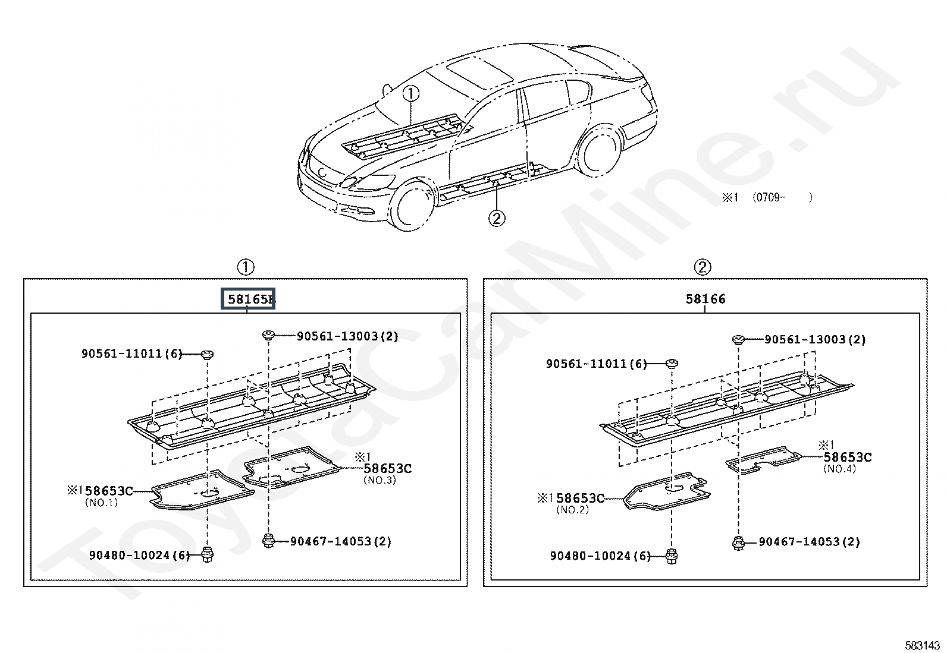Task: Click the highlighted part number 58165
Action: tap(247, 299)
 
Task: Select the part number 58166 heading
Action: tap(705, 299)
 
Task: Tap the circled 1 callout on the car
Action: tap(411, 93)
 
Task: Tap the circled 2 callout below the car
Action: tap(497, 219)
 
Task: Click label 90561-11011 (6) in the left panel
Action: tap(132, 354)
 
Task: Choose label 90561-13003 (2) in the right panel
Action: tap(815, 340)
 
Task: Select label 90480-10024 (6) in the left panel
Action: tap(140, 555)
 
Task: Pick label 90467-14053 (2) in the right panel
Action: tap(810, 542)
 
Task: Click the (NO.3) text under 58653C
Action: tap(380, 480)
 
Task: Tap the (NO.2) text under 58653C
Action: tap(572, 510)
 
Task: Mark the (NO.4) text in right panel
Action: tap(839, 469)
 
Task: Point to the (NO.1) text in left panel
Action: tap(102, 503)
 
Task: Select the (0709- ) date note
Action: tap(783, 197)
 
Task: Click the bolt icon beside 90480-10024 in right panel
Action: tap(672, 556)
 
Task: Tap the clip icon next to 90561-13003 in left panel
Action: tap(268, 336)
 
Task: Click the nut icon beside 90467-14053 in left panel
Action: tap(268, 541)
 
